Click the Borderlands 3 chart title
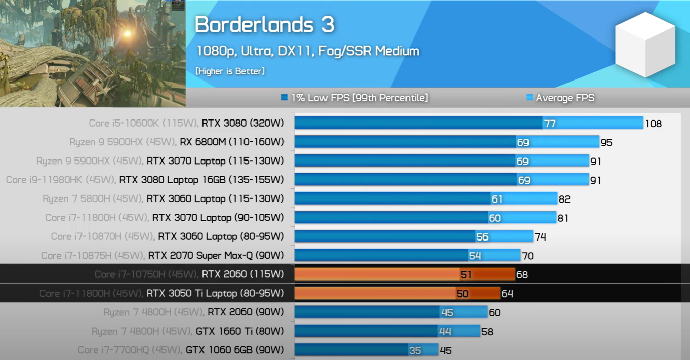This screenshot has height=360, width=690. click(x=264, y=25)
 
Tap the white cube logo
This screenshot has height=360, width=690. click(x=644, y=45)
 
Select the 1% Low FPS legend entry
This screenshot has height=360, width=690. click(x=355, y=98)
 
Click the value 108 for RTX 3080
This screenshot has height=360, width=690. click(x=653, y=124)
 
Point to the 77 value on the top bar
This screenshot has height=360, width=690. click(x=549, y=124)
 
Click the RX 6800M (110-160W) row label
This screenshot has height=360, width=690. click(x=232, y=142)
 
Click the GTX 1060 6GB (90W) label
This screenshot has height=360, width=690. click(x=234, y=350)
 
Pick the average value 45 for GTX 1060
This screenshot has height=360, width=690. click(x=445, y=350)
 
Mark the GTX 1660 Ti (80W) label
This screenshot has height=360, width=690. click(x=239, y=331)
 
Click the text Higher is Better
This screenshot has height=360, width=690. click(x=230, y=71)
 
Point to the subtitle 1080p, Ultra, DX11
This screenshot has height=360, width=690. click(x=307, y=51)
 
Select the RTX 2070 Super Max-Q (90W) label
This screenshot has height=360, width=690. click(x=216, y=256)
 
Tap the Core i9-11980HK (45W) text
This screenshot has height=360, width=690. click(x=60, y=180)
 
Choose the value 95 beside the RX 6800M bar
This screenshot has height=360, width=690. click(x=606, y=143)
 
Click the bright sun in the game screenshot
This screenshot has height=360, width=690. click(x=127, y=33)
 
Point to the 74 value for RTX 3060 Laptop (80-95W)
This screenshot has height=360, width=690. click(x=540, y=237)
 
